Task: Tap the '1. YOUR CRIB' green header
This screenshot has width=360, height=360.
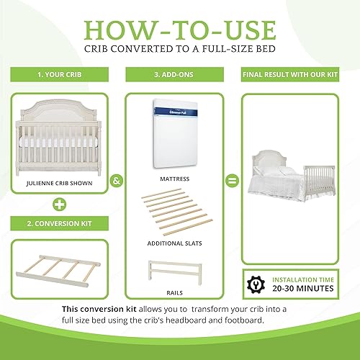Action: [x=58, y=74]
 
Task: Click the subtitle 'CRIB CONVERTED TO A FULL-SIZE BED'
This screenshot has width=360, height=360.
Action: [x=180, y=52]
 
